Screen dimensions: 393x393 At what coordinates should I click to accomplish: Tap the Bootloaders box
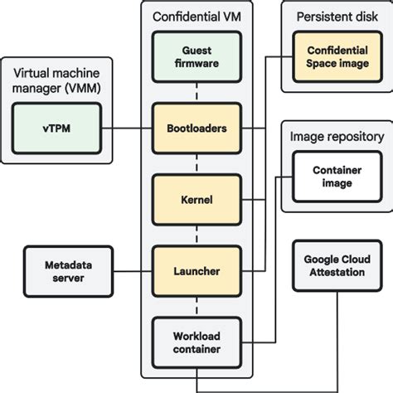pos(196,129)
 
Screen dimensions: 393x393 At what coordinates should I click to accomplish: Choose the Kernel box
pos(196,200)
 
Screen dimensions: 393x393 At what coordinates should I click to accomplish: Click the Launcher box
pos(196,270)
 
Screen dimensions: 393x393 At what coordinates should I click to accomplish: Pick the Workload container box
pos(196,343)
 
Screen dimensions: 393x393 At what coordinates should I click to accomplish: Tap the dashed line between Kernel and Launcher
pos(196,235)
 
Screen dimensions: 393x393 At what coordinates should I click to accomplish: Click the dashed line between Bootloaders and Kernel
pos(196,165)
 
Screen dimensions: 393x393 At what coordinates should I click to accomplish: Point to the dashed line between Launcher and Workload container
pos(196,306)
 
